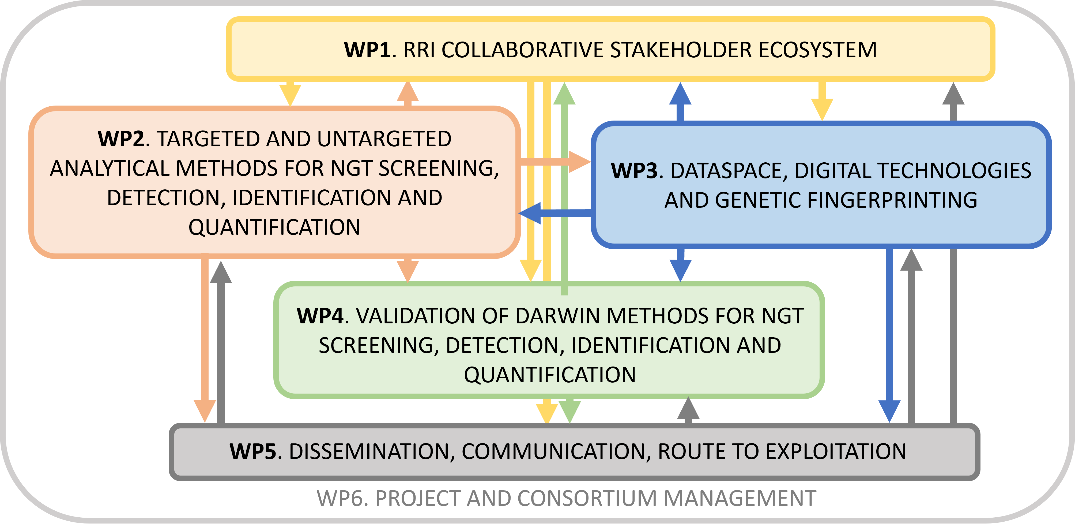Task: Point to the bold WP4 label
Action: coord(320,316)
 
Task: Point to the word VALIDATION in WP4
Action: coord(415,316)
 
